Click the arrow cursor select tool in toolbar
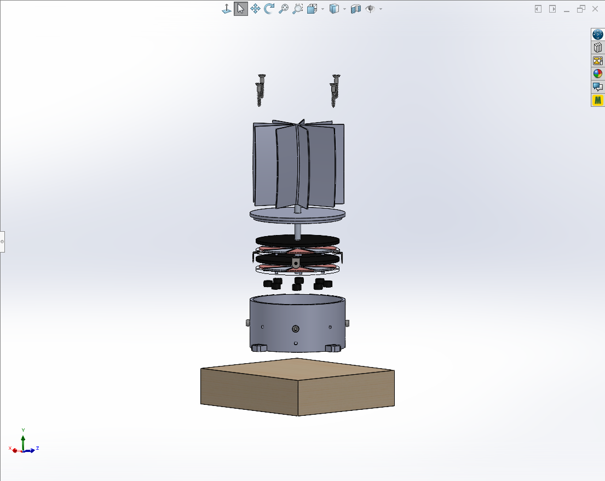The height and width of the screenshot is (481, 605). [x=240, y=9]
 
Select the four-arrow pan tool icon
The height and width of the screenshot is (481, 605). [x=255, y=9]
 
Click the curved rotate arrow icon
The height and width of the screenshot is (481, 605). [x=269, y=9]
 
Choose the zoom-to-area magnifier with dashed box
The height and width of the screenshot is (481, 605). [x=298, y=9]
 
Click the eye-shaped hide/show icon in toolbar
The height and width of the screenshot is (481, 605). [x=370, y=9]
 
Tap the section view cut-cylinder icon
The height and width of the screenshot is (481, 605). [x=356, y=9]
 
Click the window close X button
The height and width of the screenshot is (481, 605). [x=595, y=9]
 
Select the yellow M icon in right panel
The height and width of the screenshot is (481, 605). [x=598, y=100]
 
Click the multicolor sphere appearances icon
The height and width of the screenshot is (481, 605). [x=598, y=73]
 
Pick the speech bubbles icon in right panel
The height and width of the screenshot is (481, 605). [x=598, y=87]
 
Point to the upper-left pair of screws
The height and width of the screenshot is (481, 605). [x=260, y=90]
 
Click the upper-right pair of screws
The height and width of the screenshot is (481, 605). [x=335, y=90]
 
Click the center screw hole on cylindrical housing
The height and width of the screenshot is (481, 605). [x=296, y=329]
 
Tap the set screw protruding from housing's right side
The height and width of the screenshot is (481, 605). [x=348, y=322]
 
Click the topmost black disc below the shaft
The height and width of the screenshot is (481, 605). [x=297, y=240]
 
